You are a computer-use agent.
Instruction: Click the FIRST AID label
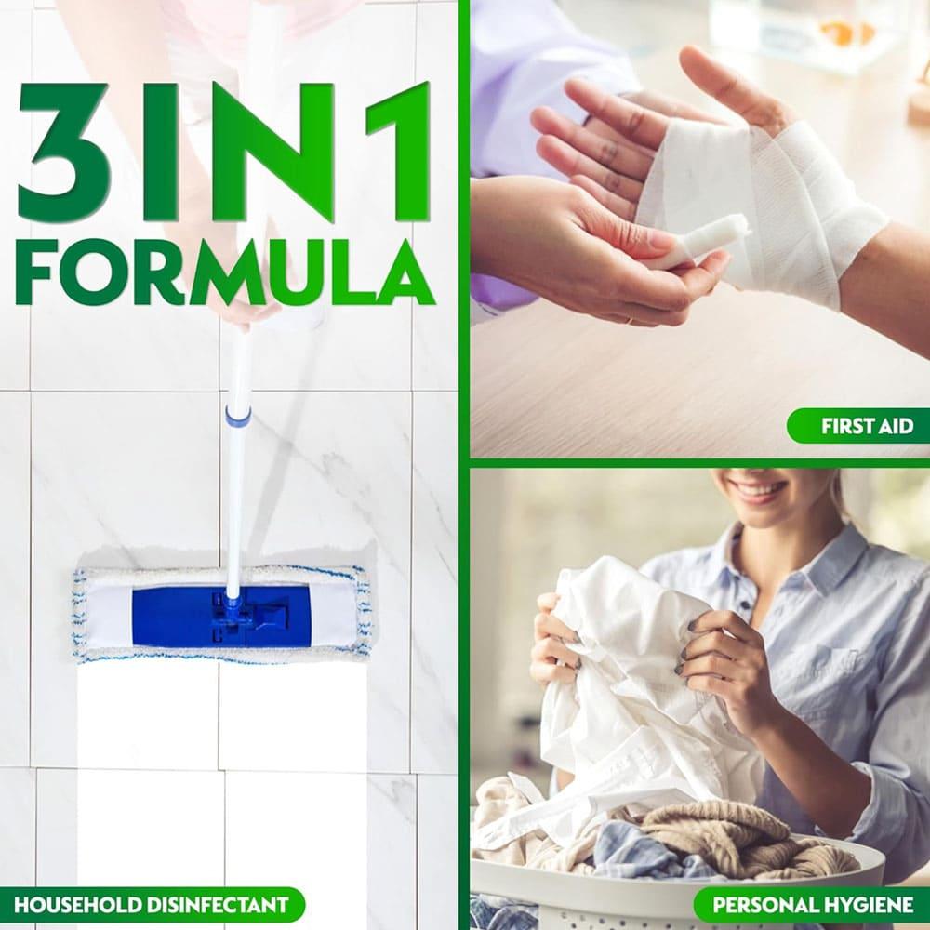(x=867, y=426)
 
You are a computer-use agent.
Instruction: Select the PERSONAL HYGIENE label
(x=813, y=905)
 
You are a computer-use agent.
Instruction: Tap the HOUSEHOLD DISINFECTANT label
(x=152, y=905)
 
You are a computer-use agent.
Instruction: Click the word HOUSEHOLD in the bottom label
(x=76, y=905)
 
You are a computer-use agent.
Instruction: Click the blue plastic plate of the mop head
(x=220, y=617)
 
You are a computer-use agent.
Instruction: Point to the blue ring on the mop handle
(x=237, y=415)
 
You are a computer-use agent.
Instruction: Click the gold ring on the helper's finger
(x=629, y=321)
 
